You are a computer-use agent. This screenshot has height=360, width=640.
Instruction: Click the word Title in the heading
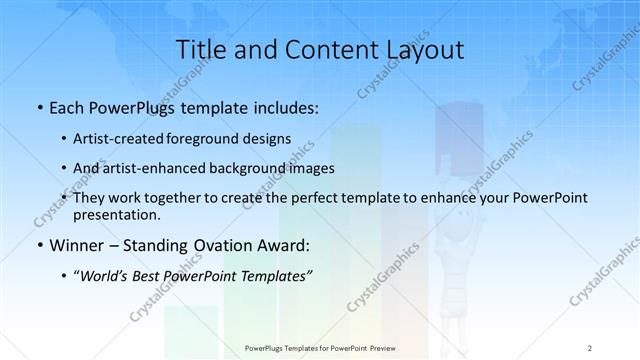pos(201,49)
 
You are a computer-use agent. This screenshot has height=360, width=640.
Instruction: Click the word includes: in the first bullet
pos(285,105)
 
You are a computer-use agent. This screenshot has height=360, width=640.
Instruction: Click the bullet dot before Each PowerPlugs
pos(38,105)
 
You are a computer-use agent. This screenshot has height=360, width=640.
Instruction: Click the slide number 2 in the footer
pos(590,347)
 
